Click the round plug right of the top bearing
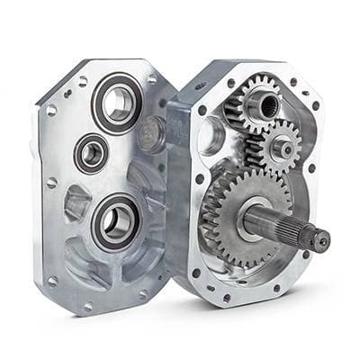click(x=154, y=135)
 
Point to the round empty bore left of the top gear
click(x=211, y=134)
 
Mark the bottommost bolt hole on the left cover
click(x=88, y=305)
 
